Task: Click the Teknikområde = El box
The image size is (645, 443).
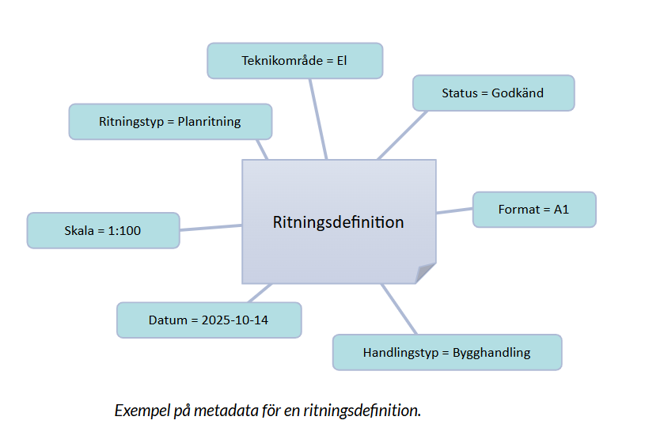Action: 294,61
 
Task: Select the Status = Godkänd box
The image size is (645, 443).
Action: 493,93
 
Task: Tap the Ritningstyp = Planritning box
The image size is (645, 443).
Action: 170,122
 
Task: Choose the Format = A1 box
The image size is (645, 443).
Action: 533,210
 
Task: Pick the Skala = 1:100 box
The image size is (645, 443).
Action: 103,230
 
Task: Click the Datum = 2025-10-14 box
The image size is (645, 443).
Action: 209,320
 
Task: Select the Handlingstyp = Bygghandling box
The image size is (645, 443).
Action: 446,352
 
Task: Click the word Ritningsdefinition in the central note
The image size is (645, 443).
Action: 338,222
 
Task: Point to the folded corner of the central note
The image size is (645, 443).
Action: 426,273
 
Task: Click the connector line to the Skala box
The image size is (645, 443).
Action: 211,228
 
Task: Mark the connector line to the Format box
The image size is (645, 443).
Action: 454,211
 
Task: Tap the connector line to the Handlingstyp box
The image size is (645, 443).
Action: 400,309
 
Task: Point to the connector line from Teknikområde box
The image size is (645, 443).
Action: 317,119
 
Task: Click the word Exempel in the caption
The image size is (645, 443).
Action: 140,411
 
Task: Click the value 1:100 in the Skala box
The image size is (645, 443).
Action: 123,231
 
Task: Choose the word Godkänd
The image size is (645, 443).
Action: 518,93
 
